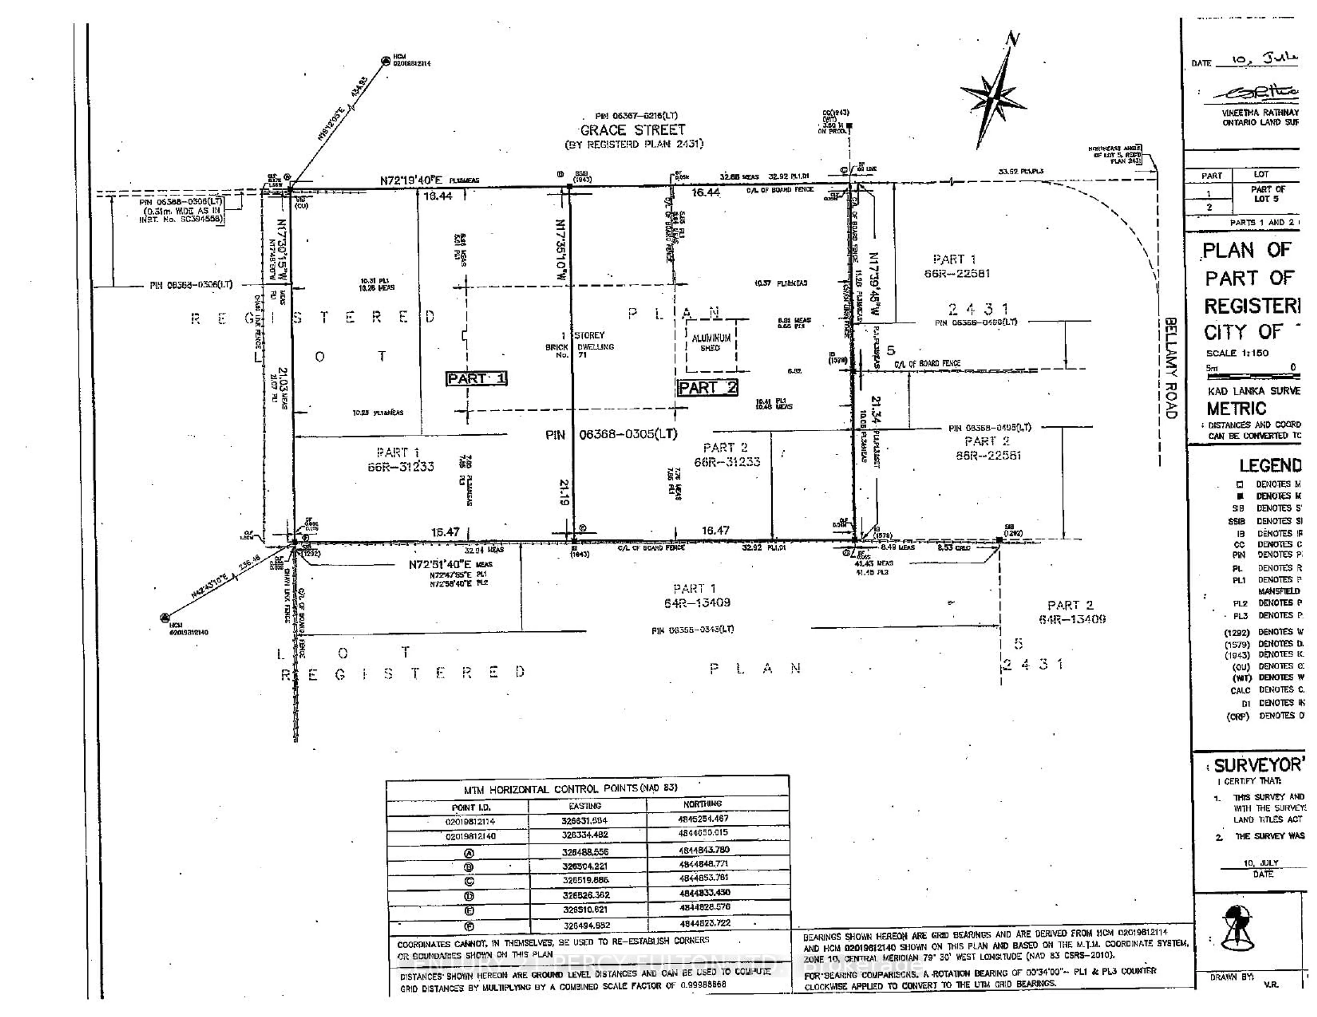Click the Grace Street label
tap(632, 130)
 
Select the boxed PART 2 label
tap(707, 388)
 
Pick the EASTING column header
tap(585, 806)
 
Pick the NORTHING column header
tap(702, 803)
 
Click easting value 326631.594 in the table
tap(585, 821)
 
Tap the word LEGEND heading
tap(1269, 465)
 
